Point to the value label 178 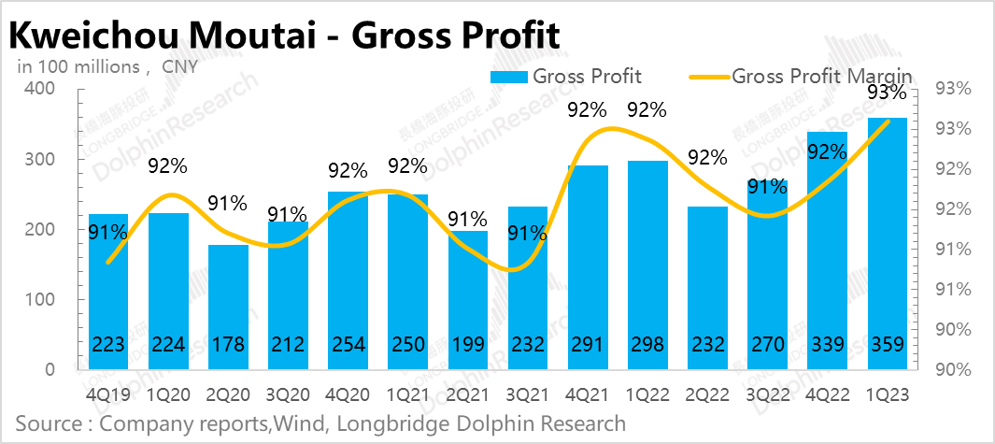[229, 345]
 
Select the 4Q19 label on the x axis [109, 394]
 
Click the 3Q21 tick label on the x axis [529, 394]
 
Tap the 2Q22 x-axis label [708, 394]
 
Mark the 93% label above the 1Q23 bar [887, 93]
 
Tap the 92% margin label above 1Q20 [168, 166]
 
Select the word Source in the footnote [48, 424]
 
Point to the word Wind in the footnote [306, 424]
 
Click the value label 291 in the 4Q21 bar [589, 345]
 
